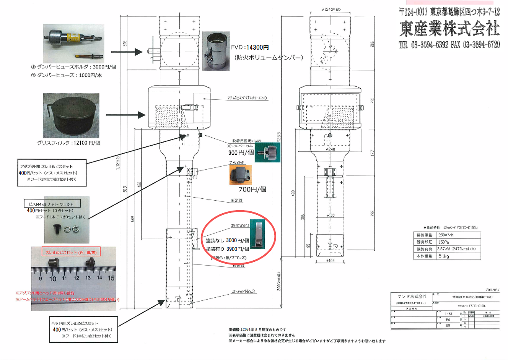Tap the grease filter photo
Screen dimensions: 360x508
pos(71,116)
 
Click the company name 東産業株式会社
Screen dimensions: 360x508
pos(449,28)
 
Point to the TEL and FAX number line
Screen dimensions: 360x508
pos(449,45)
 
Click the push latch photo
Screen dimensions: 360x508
pos(240,175)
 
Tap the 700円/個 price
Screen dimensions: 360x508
pos(252,189)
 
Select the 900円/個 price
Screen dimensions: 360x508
pos(241,152)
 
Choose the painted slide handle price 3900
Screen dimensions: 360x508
pos(237,249)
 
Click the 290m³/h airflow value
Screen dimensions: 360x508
pos(446,235)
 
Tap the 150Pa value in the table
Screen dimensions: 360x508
pos(444,242)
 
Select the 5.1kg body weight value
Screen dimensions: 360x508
pos(444,256)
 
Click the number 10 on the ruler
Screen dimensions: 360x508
pos(53,279)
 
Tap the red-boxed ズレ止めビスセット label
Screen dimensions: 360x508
pos(71,252)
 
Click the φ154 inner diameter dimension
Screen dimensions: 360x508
pos(331,10)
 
